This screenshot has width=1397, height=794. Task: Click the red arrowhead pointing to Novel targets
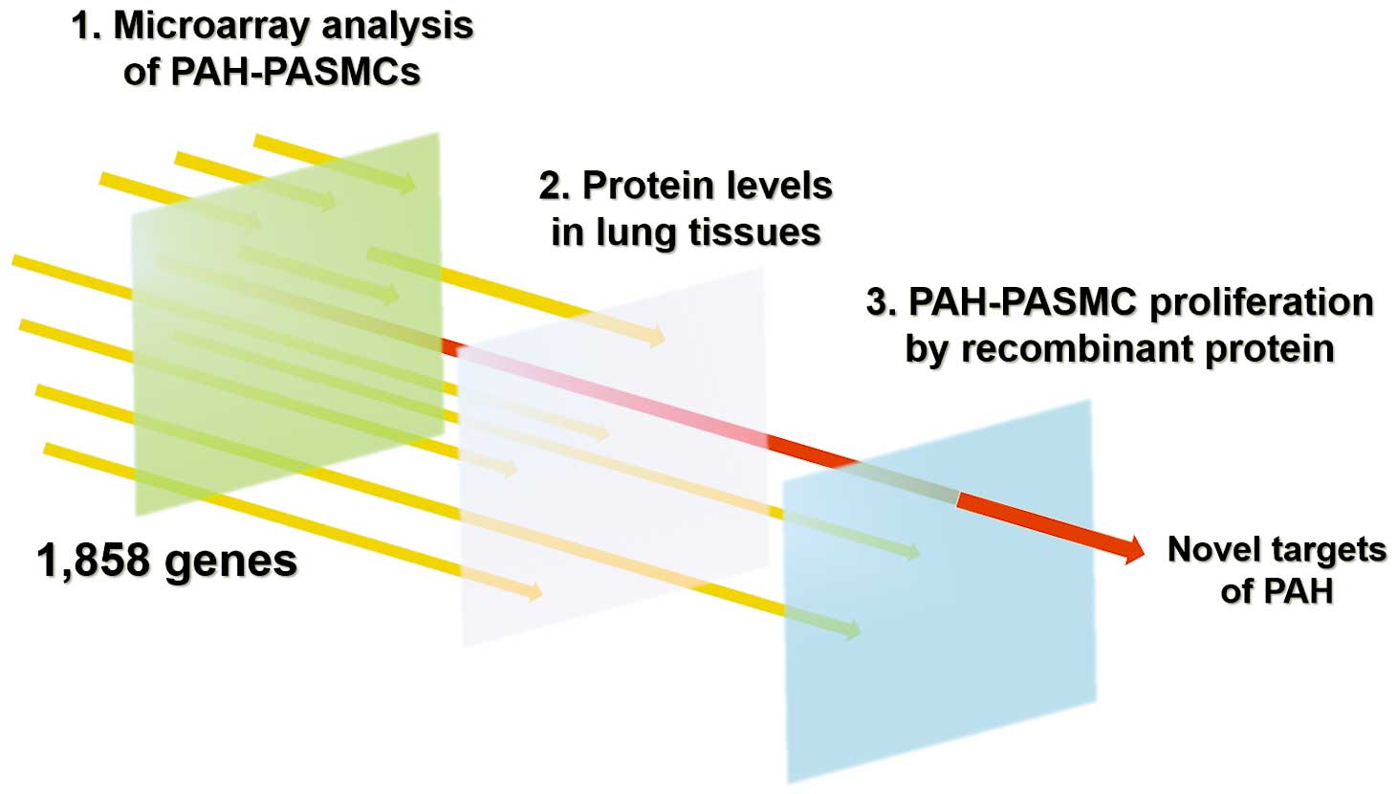(1131, 549)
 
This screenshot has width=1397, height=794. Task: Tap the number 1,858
(94, 561)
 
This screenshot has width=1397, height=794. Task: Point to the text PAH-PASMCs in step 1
(295, 72)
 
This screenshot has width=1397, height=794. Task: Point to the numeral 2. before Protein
(554, 186)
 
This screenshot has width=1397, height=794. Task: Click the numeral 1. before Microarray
(87, 27)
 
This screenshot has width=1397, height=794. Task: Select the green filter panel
(287, 324)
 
